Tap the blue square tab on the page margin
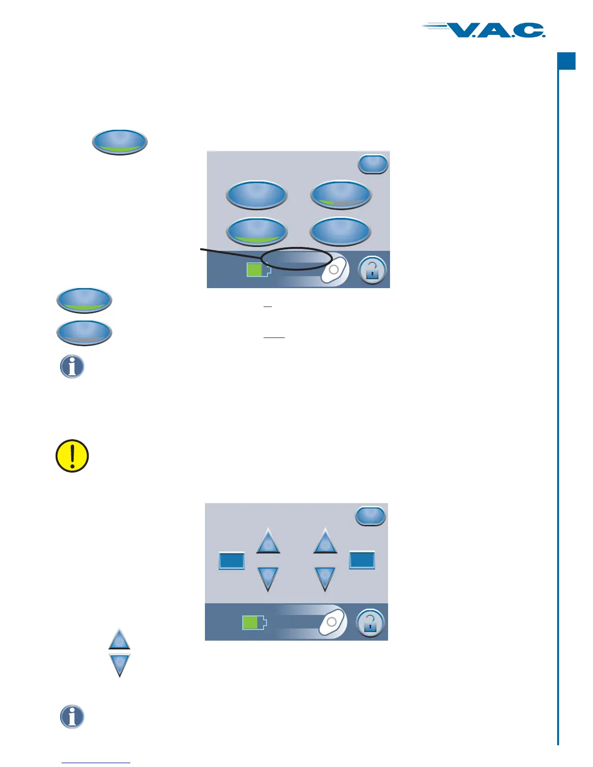[x=566, y=61]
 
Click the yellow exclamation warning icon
[x=72, y=456]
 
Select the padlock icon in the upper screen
[x=372, y=270]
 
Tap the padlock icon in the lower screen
[x=370, y=623]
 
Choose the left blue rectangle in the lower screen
[x=232, y=561]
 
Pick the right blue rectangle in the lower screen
[x=362, y=560]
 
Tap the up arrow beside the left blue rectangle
[x=268, y=542]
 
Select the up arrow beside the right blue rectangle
[x=325, y=542]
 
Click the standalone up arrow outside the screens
[x=119, y=640]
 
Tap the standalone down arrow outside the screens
[x=119, y=664]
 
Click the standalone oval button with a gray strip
[x=84, y=333]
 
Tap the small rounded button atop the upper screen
[x=373, y=164]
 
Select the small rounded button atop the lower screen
[x=371, y=516]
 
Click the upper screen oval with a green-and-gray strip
[x=341, y=195]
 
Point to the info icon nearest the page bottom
[x=72, y=717]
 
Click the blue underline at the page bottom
[x=96, y=763]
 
